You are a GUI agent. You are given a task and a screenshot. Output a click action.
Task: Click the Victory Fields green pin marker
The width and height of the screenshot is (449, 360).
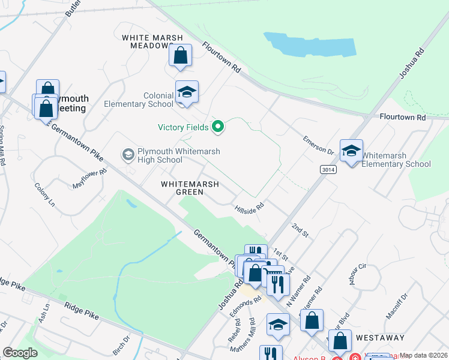coord(218,127)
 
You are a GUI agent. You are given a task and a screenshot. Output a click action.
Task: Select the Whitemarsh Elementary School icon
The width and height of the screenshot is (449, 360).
coord(351,151)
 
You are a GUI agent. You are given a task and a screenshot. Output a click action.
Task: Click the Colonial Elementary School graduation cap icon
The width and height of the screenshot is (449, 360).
coord(187,92)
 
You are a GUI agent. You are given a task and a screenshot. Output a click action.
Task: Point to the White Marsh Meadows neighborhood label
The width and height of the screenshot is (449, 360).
coord(152,41)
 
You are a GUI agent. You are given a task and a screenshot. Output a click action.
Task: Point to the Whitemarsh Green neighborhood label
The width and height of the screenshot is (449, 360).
coord(189,188)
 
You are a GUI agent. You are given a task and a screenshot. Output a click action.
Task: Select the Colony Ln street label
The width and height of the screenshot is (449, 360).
coord(44,195)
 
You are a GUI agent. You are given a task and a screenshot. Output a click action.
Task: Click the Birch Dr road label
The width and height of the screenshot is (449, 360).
coord(121,347)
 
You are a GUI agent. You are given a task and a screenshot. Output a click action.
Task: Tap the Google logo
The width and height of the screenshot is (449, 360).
coord(20,353)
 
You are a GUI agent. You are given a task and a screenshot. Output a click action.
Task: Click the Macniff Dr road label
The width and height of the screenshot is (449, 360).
coord(397,305)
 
